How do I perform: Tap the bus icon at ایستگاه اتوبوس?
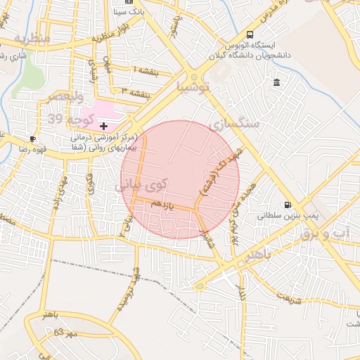coord(250,34)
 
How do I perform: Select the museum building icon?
coord(276,83)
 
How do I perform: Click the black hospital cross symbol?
coord(104,126)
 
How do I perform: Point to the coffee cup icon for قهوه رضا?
coord(32,139)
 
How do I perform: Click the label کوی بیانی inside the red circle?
coord(142,184)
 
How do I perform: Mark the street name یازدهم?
coord(162,205)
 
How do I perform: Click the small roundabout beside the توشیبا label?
coord(194,77)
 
